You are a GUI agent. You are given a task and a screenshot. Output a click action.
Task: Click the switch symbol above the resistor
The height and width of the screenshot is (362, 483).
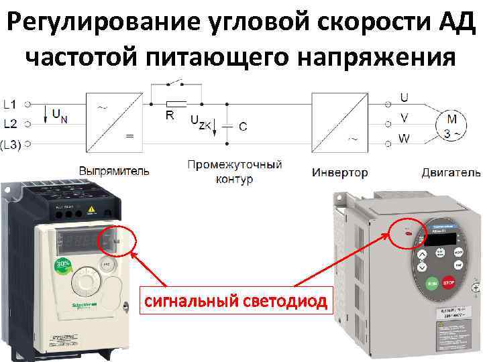click(x=176, y=84)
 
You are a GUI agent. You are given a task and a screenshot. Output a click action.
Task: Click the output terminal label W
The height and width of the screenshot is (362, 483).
click(x=403, y=139)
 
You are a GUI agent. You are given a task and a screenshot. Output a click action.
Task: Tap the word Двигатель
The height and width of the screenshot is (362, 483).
click(x=450, y=172)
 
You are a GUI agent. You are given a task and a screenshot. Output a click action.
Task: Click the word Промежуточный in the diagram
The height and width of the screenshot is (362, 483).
click(x=235, y=165)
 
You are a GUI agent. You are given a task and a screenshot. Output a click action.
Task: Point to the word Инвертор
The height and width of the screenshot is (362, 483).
click(x=340, y=172)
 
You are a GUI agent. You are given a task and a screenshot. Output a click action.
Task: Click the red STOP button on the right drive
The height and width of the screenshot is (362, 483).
click(x=447, y=284)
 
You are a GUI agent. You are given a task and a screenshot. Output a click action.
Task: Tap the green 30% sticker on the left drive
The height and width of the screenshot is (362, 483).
click(x=62, y=263)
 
